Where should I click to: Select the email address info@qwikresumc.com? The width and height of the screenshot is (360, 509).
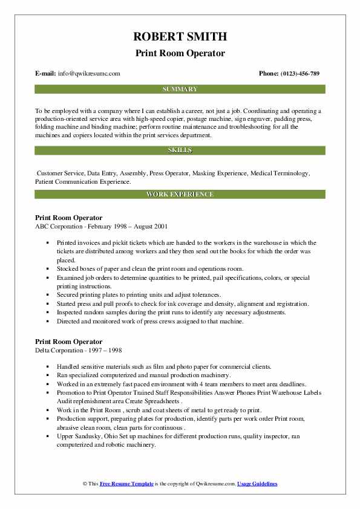pos(90,74)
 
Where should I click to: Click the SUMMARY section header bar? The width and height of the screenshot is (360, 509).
pos(180,89)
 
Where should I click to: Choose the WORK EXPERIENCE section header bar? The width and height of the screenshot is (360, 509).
pos(180,194)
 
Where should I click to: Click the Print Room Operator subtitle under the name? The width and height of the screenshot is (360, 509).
pos(180,53)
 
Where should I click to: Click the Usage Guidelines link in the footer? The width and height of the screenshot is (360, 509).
pos(257,484)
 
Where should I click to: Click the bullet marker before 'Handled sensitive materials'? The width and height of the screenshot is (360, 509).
pos(47,367)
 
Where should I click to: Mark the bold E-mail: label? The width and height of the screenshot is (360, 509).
pos(47,74)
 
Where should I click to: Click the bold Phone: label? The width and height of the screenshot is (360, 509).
pos(269,74)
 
